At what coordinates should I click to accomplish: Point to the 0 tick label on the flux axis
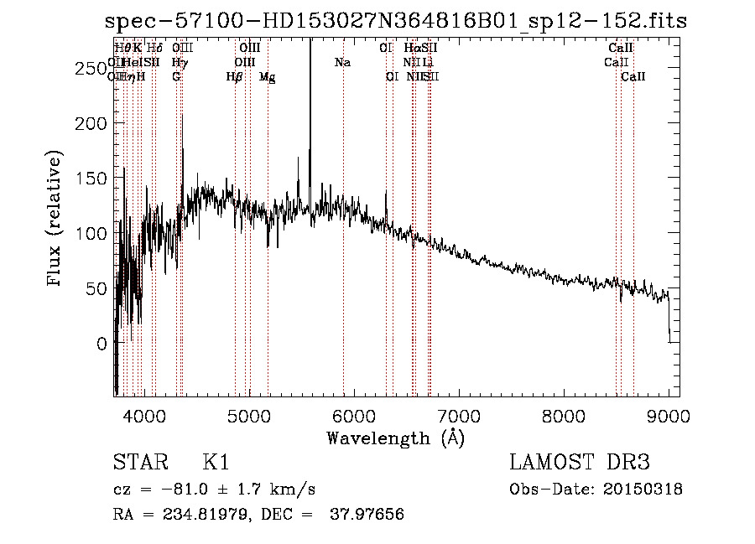click(101, 344)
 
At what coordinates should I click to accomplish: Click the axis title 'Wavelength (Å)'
click(395, 437)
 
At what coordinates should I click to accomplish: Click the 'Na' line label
click(342, 63)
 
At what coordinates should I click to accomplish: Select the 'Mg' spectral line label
click(267, 77)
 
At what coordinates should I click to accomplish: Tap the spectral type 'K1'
click(216, 463)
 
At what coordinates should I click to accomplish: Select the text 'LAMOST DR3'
click(580, 463)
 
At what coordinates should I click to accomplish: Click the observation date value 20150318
click(646, 490)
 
